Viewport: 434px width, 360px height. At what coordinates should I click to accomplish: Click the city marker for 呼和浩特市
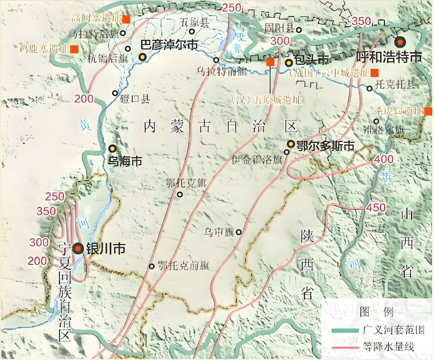tap(401, 42)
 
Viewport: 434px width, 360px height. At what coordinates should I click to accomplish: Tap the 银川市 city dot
tap(78, 248)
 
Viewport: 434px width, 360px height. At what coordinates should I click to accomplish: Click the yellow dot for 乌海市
tap(112, 148)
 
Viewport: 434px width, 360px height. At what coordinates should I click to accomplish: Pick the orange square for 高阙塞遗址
tap(126, 19)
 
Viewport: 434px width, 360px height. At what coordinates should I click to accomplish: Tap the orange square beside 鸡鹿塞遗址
tap(74, 48)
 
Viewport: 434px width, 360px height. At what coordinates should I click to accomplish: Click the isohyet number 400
tap(384, 160)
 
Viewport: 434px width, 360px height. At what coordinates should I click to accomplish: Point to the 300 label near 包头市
tap(280, 41)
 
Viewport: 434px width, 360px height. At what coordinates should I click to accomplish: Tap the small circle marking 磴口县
tap(115, 94)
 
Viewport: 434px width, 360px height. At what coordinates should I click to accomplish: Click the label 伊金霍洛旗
tap(257, 159)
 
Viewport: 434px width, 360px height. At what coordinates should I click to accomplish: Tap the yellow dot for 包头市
tap(289, 63)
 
